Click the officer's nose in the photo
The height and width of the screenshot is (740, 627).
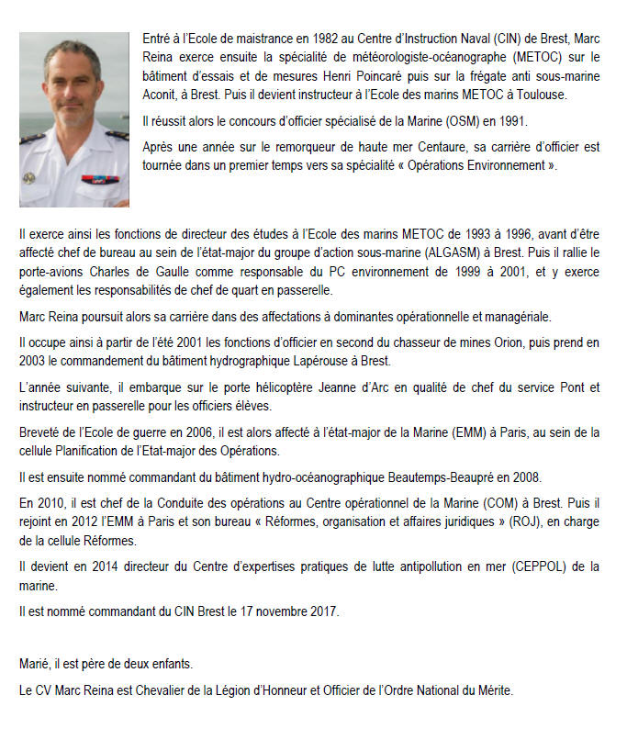tap(74, 90)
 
